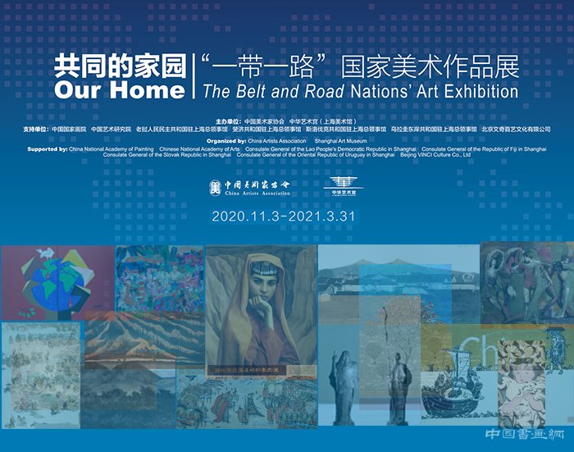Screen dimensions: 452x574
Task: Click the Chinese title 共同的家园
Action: pos(120,66)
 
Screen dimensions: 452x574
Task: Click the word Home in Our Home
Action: pos(148,89)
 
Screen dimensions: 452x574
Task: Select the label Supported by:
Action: pos(48,148)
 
